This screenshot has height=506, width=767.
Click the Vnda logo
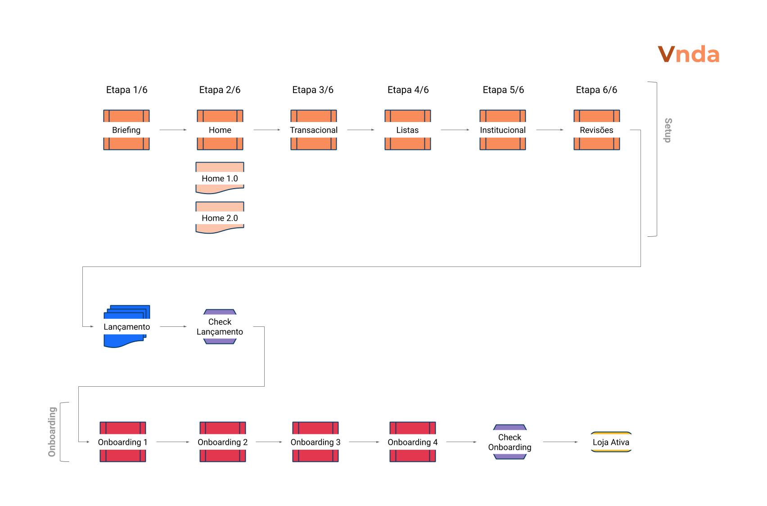pos(688,54)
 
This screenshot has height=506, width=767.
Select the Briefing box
pos(126,130)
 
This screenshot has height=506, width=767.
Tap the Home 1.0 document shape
pos(220,178)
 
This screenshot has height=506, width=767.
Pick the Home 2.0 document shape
pos(220,218)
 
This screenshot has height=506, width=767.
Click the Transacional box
pos(314,130)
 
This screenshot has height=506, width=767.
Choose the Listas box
pos(407,130)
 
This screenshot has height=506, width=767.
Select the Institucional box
pos(503,130)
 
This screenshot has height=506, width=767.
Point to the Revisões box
pos(596,130)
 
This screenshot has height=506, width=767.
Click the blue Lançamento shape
pos(126,327)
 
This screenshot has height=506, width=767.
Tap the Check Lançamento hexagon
pos(220,327)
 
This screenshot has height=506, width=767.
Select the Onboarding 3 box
pos(315,442)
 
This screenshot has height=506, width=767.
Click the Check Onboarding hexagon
pos(510,442)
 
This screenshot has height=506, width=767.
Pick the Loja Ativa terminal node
pos(611,442)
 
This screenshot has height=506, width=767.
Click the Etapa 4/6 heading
pos(408,90)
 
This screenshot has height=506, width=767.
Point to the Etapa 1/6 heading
pos(126,90)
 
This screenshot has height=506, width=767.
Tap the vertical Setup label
pos(668,131)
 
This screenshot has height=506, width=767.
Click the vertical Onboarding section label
pos(52,432)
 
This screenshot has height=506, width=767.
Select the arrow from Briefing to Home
pos(173,130)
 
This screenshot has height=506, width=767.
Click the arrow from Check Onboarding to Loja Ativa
pos(560,442)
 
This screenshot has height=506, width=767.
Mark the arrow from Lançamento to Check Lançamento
pos(173,327)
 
